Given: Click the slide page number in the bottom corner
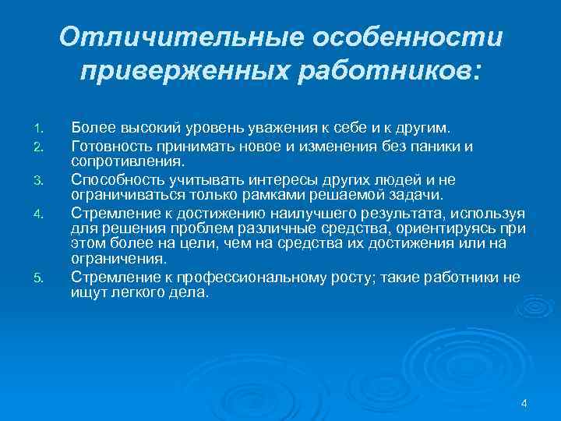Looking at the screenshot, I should (x=524, y=403).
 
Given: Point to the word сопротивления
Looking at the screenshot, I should (x=128, y=161).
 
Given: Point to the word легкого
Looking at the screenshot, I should (x=138, y=293).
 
